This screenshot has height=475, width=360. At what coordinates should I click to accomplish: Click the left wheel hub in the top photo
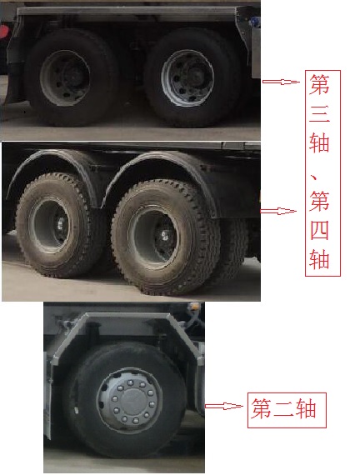point(65,77)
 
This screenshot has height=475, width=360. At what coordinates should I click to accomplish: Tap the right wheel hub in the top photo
point(187,77)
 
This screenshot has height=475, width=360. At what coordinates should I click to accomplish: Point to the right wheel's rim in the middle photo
point(153,237)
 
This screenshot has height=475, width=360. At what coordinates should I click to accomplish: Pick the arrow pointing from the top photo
point(281,82)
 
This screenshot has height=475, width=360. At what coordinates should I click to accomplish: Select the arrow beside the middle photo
point(278,211)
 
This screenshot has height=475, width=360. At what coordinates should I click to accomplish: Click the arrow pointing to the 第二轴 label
point(224,406)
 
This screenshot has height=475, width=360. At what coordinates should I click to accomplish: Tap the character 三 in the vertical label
point(320,113)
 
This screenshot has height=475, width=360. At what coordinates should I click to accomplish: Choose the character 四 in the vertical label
point(320,230)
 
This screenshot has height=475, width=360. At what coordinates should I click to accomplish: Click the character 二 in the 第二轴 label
point(284,408)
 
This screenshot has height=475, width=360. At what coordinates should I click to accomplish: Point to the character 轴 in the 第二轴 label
point(307,408)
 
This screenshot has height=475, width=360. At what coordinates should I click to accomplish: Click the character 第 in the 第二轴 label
point(262,408)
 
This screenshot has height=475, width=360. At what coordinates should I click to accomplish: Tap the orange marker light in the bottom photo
point(194,306)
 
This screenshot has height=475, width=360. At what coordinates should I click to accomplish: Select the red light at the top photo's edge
point(3,32)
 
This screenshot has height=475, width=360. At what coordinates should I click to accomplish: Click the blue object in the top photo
point(254,21)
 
